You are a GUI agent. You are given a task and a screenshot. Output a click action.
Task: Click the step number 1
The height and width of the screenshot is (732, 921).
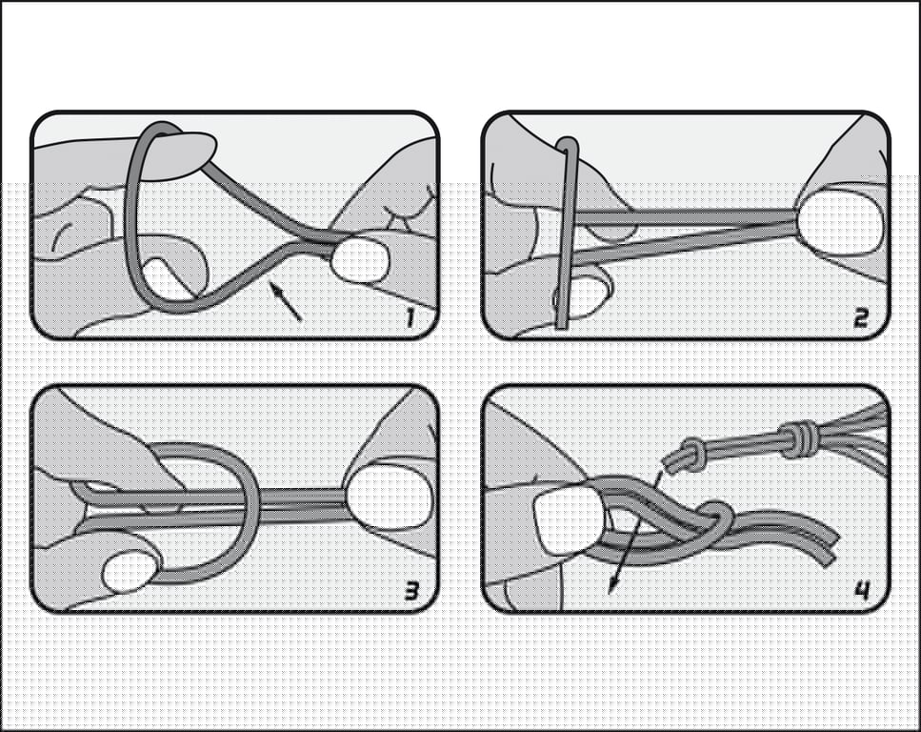coord(410,317)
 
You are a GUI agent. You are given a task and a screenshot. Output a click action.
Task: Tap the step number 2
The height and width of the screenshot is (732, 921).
coord(860,318)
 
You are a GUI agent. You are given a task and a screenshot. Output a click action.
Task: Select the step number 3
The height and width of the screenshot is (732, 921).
coord(411,591)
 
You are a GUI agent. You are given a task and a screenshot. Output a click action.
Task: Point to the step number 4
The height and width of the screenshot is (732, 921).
coord(862,590)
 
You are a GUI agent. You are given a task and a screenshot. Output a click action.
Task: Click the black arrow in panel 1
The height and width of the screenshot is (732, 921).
coord(285,301)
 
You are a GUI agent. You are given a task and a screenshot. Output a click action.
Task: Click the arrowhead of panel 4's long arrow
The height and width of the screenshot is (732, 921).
coord(612,584)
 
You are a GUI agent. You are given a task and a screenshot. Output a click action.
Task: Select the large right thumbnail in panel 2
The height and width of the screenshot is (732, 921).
coord(839,220)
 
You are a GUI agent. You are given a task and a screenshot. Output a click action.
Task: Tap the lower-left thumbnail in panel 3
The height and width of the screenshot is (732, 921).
coord(132,571)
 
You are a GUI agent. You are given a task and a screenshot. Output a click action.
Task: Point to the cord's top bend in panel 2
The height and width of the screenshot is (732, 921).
coord(568,144)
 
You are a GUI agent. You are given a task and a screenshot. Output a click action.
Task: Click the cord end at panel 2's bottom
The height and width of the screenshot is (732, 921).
coord(562,324)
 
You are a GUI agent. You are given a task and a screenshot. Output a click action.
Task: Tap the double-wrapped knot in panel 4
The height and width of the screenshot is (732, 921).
coord(798,438)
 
